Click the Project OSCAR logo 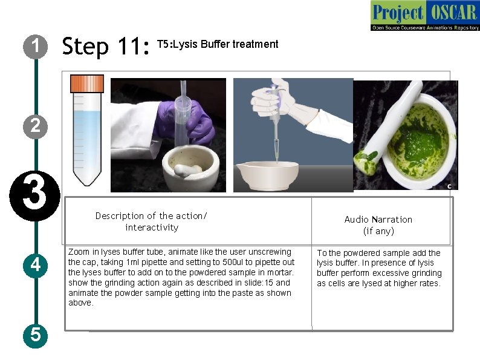(x=425, y=15)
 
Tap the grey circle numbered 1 (x=36, y=47)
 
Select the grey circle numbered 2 (x=36, y=126)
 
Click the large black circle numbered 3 (x=35, y=196)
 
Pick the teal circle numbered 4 (x=36, y=266)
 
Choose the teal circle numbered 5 (x=36, y=335)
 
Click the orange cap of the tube (x=87, y=83)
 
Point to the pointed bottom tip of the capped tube (x=87, y=185)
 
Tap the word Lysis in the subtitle (x=185, y=44)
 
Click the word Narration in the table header (x=391, y=220)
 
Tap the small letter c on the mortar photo (x=449, y=186)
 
